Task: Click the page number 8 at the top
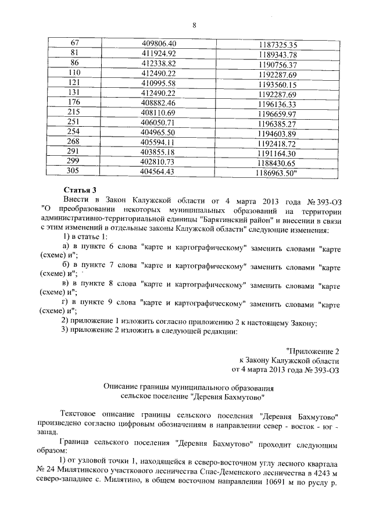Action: [x=194, y=24]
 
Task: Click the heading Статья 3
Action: [x=80, y=190]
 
